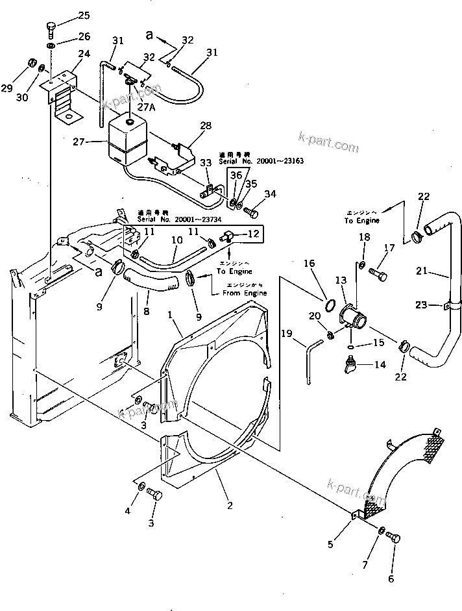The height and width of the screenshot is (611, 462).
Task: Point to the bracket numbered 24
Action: point(61,91)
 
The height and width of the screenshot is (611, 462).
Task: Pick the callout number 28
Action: point(206,125)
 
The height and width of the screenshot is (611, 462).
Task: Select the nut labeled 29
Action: point(29,64)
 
